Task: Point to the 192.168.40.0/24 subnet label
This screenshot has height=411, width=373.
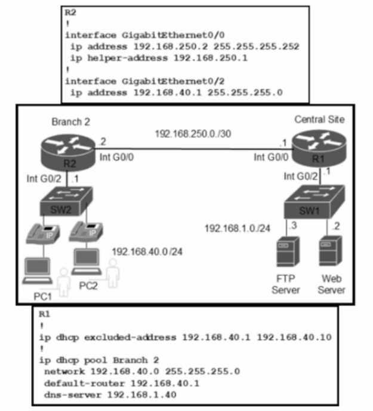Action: pos(147,251)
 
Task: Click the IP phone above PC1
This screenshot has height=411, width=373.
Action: pos(42,236)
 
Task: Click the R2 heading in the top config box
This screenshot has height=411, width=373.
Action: pos(70,12)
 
